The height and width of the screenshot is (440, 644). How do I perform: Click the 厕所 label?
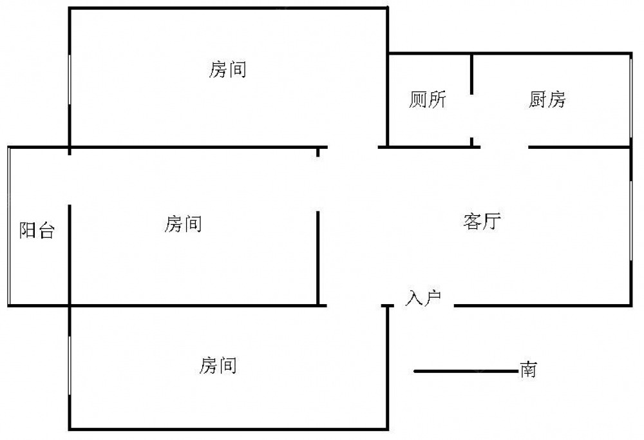pos(428,100)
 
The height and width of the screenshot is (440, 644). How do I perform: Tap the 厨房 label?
pos(547,100)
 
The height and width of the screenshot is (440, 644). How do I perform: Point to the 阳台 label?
pos(36,230)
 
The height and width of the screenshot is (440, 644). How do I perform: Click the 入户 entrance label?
pos(422,298)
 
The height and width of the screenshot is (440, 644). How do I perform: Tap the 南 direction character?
pos(529,370)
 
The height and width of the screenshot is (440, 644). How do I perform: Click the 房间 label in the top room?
pos(228,69)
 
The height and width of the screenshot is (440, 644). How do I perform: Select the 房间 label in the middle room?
pos(184,224)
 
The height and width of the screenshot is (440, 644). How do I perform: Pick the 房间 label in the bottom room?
pos(218,366)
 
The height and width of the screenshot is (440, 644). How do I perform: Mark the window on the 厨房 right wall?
pos(630,100)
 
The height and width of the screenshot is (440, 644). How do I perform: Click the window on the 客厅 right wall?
pos(630,219)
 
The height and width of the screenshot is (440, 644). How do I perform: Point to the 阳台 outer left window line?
pos(8,225)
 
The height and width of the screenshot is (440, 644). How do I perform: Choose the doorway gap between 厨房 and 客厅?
pos(504,148)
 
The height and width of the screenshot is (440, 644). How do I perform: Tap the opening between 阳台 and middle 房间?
pos(70,180)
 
